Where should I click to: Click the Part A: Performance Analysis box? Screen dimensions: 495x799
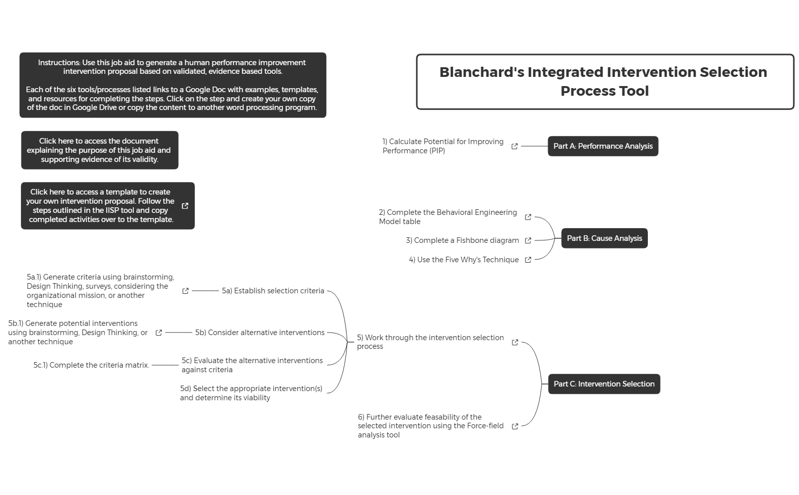tap(603, 146)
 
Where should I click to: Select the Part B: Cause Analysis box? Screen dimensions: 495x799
tap(604, 238)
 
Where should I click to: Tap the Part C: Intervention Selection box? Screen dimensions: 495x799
tap(604, 384)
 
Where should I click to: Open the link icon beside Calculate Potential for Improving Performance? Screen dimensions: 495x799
tap(515, 146)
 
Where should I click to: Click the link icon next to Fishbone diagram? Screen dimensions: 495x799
tap(528, 240)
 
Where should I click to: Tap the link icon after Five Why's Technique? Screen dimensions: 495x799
tap(528, 260)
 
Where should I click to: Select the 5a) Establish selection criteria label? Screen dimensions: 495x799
tap(273, 291)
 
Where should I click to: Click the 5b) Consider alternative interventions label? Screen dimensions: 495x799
tap(260, 333)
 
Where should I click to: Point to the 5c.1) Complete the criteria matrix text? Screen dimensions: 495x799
tap(91, 365)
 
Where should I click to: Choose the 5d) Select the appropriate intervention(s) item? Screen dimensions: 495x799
tap(251, 393)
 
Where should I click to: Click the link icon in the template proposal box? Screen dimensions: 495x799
tap(185, 206)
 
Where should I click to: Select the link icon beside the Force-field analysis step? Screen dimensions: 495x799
tap(515, 426)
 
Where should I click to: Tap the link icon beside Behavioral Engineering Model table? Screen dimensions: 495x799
tap(528, 217)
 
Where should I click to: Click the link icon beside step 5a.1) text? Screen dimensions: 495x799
tap(186, 291)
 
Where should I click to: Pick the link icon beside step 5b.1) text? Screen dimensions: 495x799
tap(159, 333)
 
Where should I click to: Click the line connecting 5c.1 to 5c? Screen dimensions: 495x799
tap(165, 365)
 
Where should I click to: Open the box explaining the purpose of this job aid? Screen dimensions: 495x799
tap(99, 150)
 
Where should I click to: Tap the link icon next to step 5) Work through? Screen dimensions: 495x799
tap(515, 342)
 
